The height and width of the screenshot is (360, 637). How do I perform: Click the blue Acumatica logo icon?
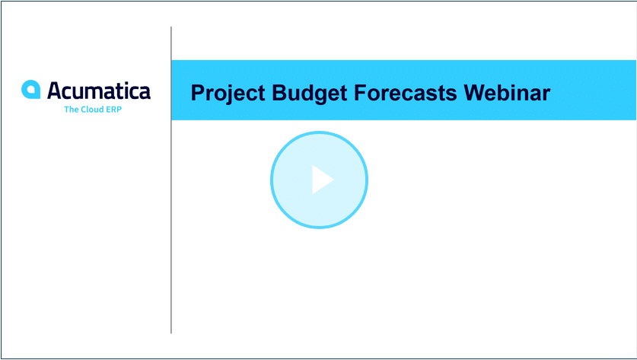click(31, 89)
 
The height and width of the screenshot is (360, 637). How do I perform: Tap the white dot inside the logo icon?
click(31, 90)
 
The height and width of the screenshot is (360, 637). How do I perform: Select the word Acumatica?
click(99, 91)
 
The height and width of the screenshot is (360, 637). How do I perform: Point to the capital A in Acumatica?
click(55, 90)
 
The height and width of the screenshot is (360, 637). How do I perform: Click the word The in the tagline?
click(71, 110)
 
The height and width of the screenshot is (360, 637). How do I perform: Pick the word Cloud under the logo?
click(93, 110)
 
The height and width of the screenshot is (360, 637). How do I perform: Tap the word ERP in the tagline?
click(114, 110)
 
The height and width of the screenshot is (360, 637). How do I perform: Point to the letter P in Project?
click(197, 93)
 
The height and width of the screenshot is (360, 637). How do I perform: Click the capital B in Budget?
click(279, 93)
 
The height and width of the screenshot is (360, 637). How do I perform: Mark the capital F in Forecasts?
click(361, 93)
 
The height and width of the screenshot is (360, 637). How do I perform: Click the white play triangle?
click(322, 180)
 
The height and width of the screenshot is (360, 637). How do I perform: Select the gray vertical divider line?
click(171, 180)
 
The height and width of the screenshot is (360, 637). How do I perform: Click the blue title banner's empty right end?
click(593, 91)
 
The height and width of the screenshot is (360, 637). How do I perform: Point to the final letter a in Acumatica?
click(144, 93)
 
